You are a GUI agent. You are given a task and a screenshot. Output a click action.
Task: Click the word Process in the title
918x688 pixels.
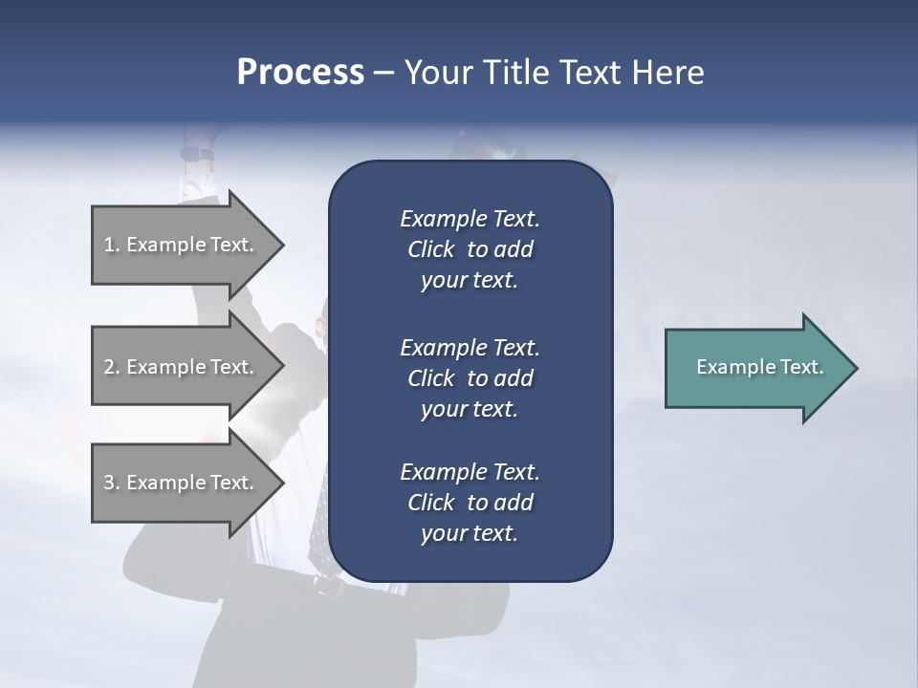[x=300, y=73]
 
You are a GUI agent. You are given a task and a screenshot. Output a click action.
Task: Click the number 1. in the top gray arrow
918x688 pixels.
[x=112, y=245]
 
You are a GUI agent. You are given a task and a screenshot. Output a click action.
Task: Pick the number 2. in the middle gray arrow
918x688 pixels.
[x=112, y=367]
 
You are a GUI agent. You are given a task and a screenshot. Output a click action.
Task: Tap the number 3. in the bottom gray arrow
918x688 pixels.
[x=112, y=483]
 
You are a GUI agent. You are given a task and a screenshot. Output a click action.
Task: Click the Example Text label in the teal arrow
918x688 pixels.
[x=760, y=367]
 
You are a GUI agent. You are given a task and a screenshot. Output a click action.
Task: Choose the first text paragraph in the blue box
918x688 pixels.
[x=470, y=249]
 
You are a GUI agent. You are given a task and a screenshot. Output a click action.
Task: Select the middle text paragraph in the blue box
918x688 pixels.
[x=470, y=378]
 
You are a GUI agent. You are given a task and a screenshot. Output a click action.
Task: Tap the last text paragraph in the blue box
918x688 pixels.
[x=470, y=503]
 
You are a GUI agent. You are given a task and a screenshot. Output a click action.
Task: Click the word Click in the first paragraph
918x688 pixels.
[x=431, y=249]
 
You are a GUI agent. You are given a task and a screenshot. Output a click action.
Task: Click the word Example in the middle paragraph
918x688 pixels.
[x=440, y=347]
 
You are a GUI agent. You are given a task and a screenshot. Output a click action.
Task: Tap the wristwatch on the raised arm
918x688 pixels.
[x=198, y=154]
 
